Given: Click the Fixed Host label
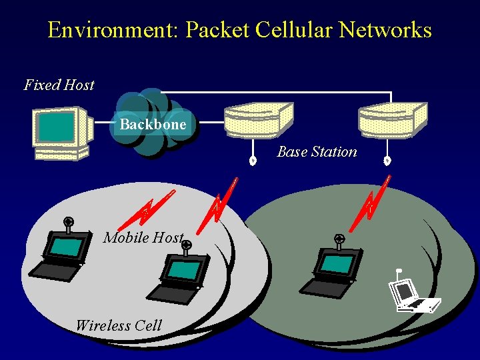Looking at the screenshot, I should (59, 85).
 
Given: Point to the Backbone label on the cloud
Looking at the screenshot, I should (153, 125).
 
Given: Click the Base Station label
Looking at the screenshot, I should (317, 152).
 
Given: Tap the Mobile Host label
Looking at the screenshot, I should (143, 238).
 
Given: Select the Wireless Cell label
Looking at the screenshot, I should (118, 326).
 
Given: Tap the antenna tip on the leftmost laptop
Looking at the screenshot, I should (68, 221).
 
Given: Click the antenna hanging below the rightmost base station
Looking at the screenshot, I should (387, 160).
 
